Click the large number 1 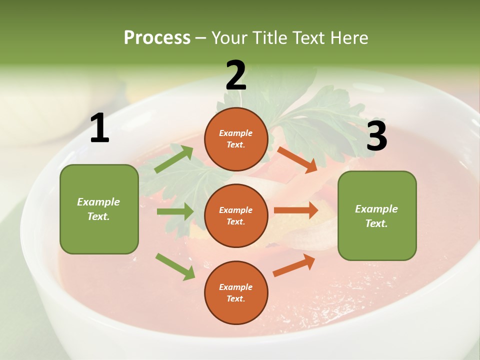[x=99, y=128]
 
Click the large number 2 [x=236, y=75]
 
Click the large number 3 [x=376, y=136]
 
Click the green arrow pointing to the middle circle [x=175, y=211]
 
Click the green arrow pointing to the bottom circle [x=175, y=266]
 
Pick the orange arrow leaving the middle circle [x=296, y=210]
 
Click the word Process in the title [x=157, y=37]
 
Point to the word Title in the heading [x=269, y=37]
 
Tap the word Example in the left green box [x=98, y=202]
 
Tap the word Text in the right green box [x=376, y=223]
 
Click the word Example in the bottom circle [x=236, y=287]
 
